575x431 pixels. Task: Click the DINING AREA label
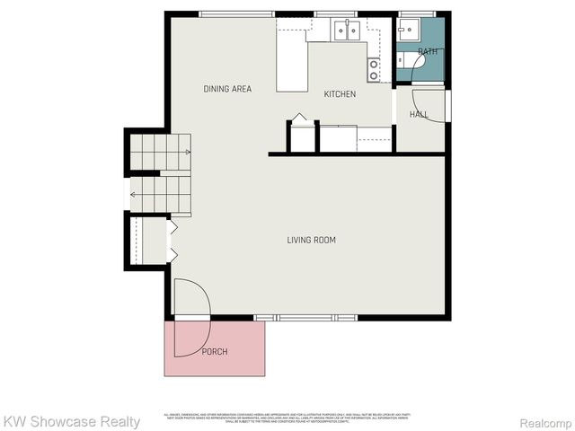click(227, 89)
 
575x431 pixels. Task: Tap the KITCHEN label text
click(340, 94)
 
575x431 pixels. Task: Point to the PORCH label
click(215, 351)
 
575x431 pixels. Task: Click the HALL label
click(419, 115)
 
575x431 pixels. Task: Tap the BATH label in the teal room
click(428, 52)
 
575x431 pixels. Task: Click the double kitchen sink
click(347, 31)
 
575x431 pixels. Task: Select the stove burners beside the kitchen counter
click(373, 69)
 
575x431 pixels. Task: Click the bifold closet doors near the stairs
click(172, 240)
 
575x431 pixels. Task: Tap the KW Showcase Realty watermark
click(71, 421)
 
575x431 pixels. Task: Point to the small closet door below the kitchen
click(299, 119)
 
